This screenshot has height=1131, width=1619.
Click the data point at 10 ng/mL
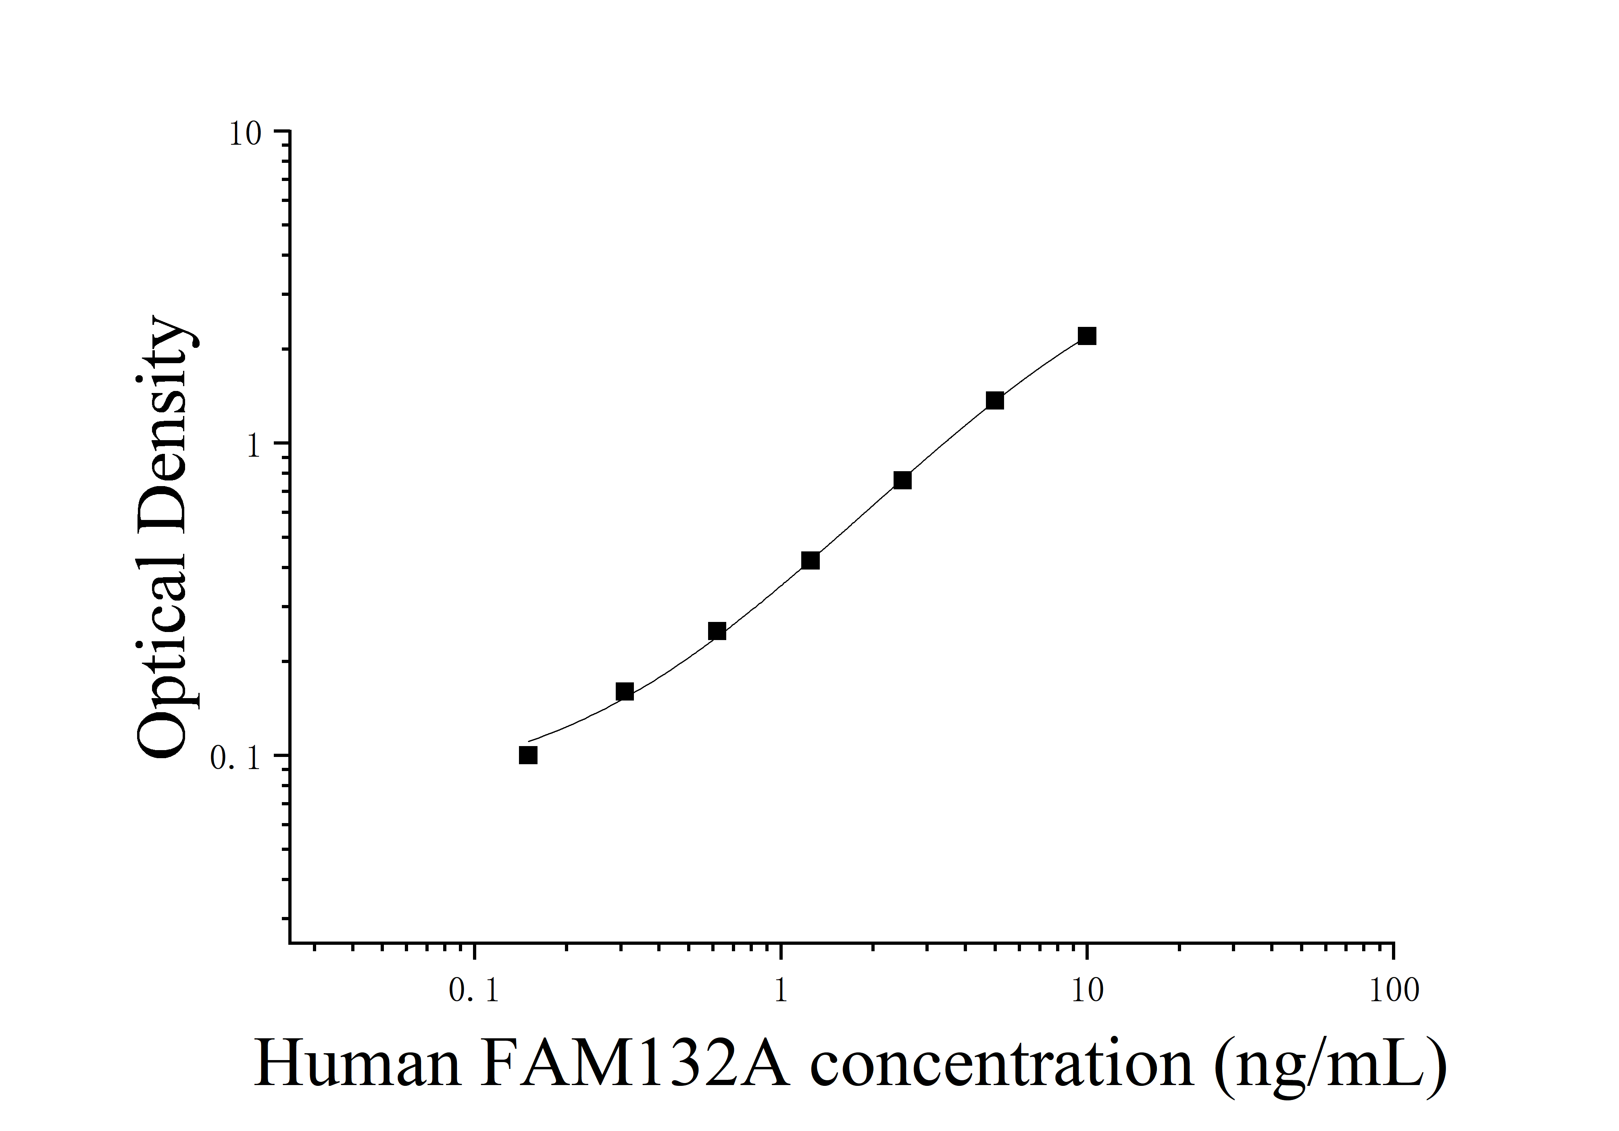(x=1087, y=336)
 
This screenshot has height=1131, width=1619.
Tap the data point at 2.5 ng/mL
(x=902, y=480)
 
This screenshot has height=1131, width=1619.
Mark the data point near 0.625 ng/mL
(x=717, y=631)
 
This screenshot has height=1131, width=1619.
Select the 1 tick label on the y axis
(x=254, y=446)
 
